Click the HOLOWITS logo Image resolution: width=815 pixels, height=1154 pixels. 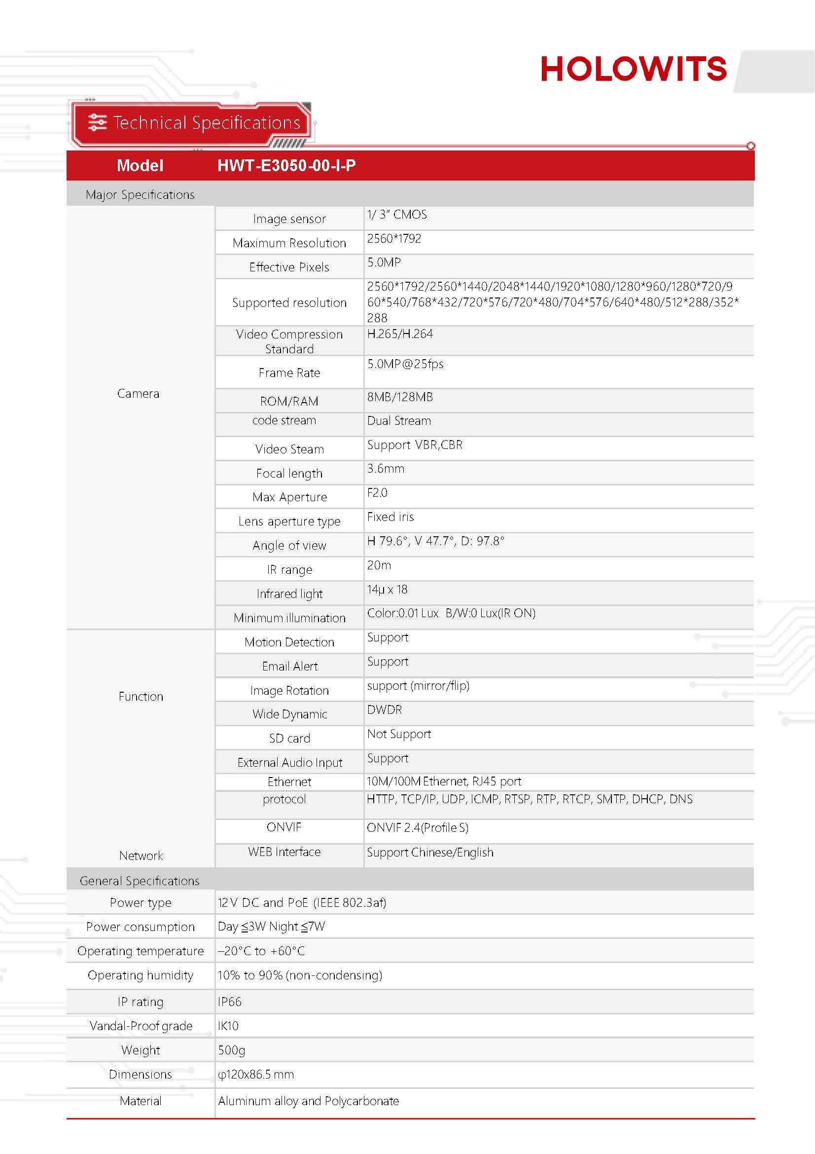[633, 69]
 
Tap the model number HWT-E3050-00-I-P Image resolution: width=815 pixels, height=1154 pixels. [286, 165]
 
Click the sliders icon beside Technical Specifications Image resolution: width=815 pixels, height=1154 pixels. [98, 122]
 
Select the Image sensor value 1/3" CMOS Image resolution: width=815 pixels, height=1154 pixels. [397, 215]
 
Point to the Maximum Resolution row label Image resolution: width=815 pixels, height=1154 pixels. [289, 243]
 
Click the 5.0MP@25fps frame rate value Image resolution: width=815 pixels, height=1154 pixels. [405, 364]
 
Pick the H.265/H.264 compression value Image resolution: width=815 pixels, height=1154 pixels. [400, 334]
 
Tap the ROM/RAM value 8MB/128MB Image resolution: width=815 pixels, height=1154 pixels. [400, 397]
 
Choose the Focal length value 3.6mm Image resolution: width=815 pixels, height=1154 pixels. [385, 468]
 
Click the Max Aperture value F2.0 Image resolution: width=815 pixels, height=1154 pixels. [377, 492]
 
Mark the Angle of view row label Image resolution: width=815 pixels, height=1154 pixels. [289, 545]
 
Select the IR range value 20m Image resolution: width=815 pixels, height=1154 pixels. [379, 565]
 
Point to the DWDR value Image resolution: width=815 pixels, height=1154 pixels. [384, 709]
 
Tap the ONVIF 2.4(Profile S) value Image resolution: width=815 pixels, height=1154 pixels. [417, 827]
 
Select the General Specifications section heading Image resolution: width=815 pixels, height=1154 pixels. [140, 881]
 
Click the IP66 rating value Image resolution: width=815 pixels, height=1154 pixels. [229, 1002]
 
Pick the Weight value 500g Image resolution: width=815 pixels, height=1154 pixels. [232, 1050]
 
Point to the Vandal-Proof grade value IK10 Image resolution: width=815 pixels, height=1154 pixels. [228, 1026]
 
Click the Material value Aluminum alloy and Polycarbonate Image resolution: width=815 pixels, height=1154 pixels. [308, 1101]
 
